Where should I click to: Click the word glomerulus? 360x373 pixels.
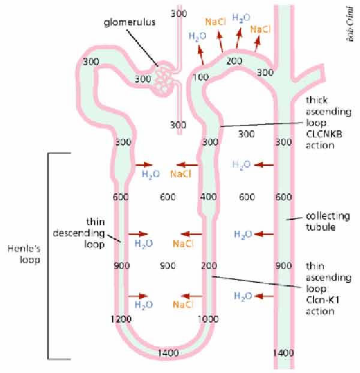(128, 23)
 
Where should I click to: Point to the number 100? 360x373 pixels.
(202, 77)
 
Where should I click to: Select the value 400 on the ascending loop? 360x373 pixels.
(208, 197)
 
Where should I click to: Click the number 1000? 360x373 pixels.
(208, 320)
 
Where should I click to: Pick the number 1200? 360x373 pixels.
(121, 320)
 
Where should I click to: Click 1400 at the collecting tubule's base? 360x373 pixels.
(283, 353)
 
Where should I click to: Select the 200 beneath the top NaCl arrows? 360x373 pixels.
(235, 61)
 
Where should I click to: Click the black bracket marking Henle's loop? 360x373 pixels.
(49, 255)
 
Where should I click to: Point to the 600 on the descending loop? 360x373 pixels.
(121, 197)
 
